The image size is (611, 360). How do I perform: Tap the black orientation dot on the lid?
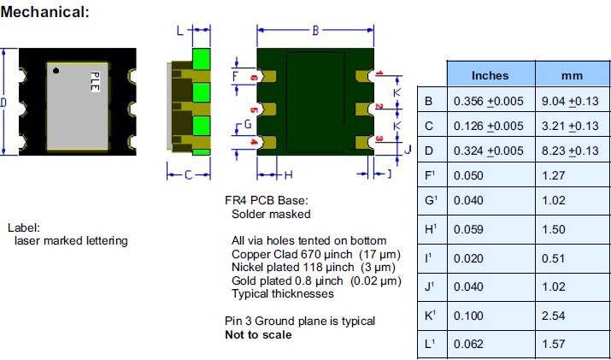point(55,70)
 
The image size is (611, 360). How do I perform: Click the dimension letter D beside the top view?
point(4,103)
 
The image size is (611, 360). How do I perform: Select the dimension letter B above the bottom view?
point(314,31)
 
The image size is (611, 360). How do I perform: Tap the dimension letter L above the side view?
point(179,31)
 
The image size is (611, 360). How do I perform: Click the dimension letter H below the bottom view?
point(288,175)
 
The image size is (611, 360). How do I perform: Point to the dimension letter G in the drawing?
point(247,125)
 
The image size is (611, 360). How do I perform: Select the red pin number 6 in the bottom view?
point(254,78)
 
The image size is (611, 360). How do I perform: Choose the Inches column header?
point(490,75)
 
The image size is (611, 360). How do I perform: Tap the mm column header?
point(571,75)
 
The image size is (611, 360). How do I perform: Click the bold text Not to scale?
point(258,334)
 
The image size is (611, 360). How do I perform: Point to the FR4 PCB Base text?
point(266,201)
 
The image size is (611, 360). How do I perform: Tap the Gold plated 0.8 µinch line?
point(315,280)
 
